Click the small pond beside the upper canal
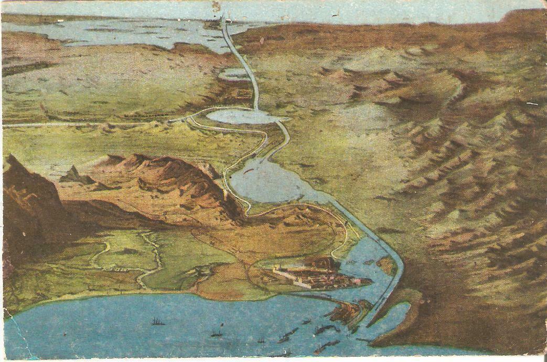click(x=233, y=75)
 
